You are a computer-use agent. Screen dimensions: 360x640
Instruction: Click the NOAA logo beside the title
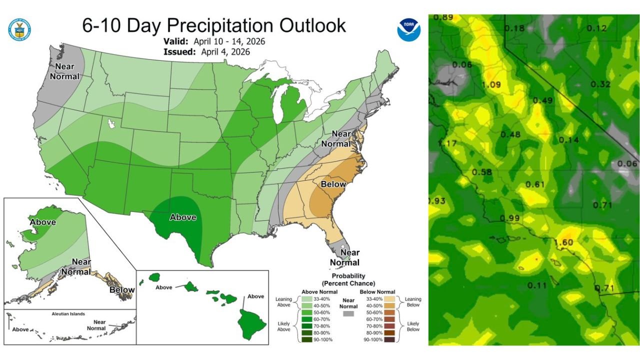(x=408, y=29)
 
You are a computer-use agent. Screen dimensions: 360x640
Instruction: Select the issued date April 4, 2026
(x=226, y=51)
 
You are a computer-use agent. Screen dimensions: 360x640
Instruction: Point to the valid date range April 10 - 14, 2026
(x=233, y=41)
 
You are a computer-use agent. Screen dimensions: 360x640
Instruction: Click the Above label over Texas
(x=182, y=217)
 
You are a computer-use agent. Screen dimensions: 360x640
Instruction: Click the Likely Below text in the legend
(x=413, y=326)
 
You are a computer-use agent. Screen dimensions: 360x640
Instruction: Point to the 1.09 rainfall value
(x=491, y=84)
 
